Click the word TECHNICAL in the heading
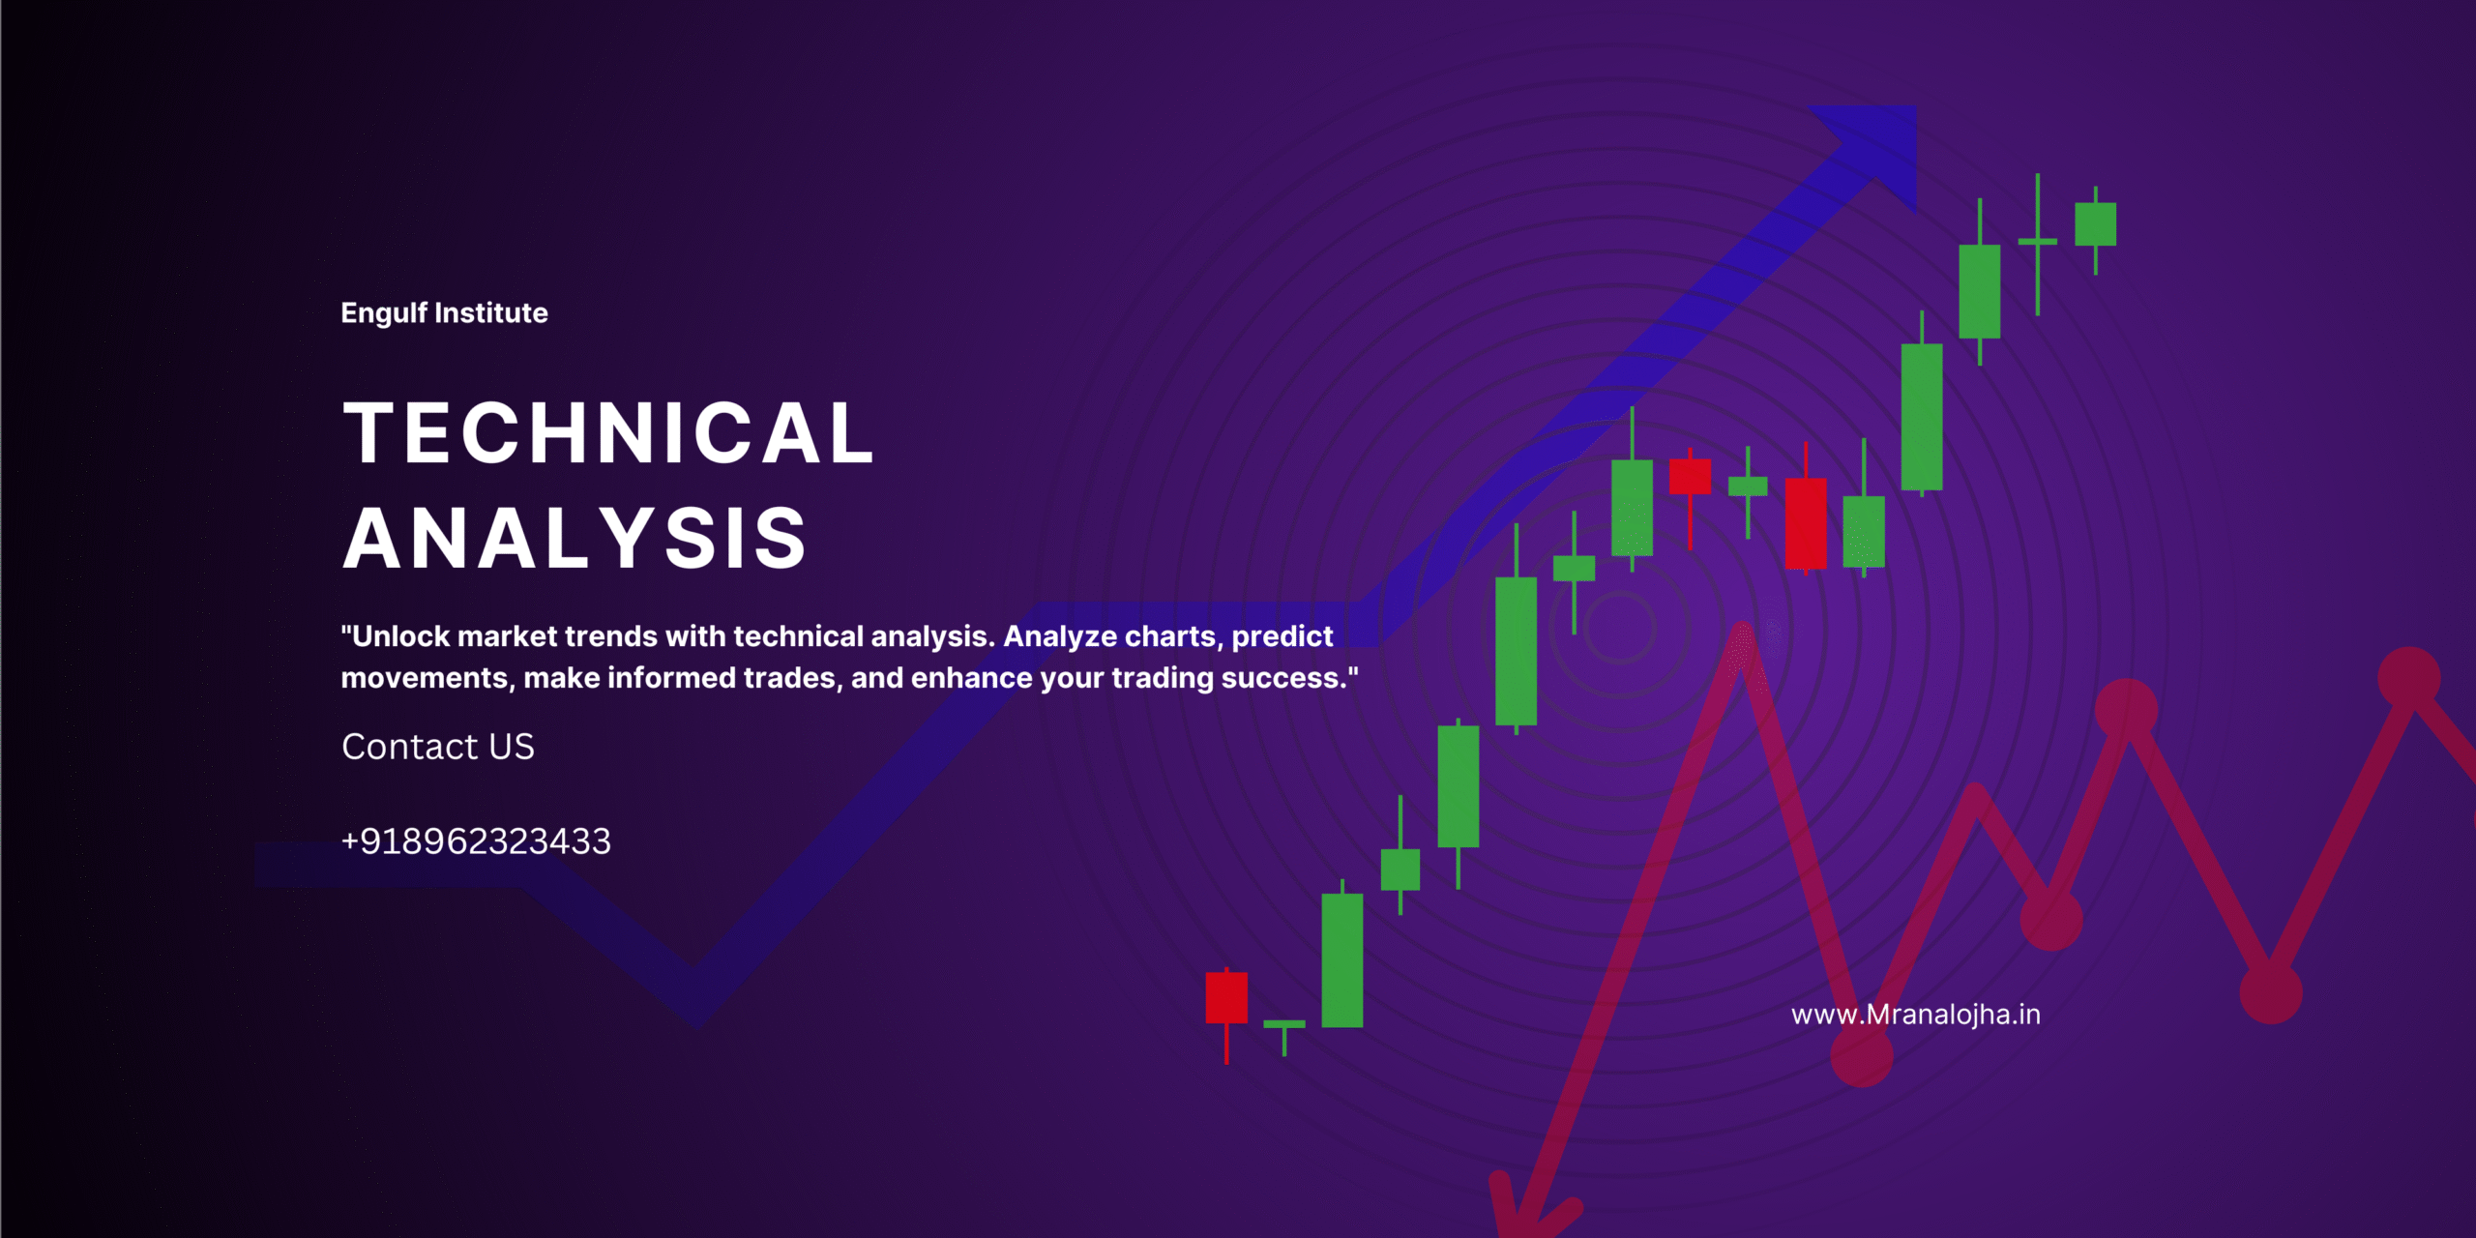(x=608, y=432)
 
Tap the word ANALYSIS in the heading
(x=575, y=538)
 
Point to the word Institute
(x=491, y=312)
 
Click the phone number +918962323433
(x=476, y=841)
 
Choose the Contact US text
(x=438, y=747)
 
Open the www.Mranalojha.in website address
(x=1916, y=1015)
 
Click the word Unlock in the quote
(x=400, y=636)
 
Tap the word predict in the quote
(x=1282, y=636)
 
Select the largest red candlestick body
(x=1806, y=522)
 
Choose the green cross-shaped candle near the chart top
(x=2038, y=243)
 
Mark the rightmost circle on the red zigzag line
(x=2409, y=678)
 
